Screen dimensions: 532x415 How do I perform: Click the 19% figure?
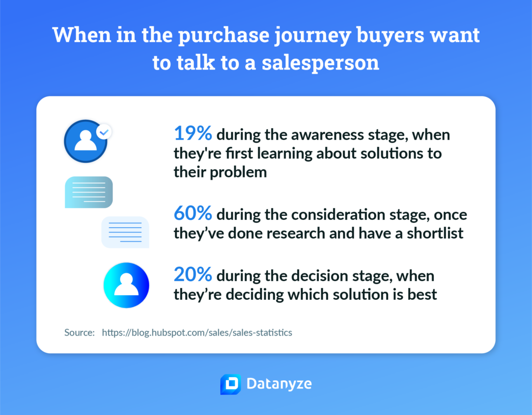(x=193, y=133)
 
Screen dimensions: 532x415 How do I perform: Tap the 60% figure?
(x=193, y=213)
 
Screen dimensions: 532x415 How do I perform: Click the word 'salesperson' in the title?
(x=320, y=63)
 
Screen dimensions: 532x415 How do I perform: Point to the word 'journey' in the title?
(x=312, y=36)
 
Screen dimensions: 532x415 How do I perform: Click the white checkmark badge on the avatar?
(x=104, y=132)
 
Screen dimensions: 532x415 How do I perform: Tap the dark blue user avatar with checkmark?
(x=86, y=141)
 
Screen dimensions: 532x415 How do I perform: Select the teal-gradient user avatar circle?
(x=126, y=285)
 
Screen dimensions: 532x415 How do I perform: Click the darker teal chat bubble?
(x=88, y=192)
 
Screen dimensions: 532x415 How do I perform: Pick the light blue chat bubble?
(x=125, y=232)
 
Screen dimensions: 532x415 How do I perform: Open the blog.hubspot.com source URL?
(x=197, y=333)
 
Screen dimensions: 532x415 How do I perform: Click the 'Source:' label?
(x=79, y=333)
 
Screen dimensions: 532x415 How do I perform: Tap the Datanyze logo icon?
(x=231, y=384)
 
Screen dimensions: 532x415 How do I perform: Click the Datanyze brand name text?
(x=279, y=384)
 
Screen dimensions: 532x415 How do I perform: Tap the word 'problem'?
(x=238, y=172)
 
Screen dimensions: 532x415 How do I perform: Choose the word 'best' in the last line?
(x=422, y=295)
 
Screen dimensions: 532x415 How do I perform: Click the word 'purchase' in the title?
(x=223, y=36)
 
